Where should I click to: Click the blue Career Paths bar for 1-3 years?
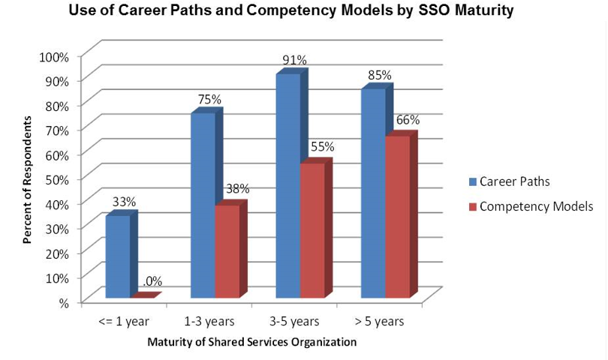[203, 206]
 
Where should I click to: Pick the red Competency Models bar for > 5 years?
[398, 217]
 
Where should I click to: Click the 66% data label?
[408, 120]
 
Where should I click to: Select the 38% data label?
[237, 189]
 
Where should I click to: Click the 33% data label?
[124, 201]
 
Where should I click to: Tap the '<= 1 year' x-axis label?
[124, 322]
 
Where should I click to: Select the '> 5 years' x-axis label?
[378, 322]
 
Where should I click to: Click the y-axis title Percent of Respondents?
[27, 179]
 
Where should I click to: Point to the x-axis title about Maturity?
[251, 342]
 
